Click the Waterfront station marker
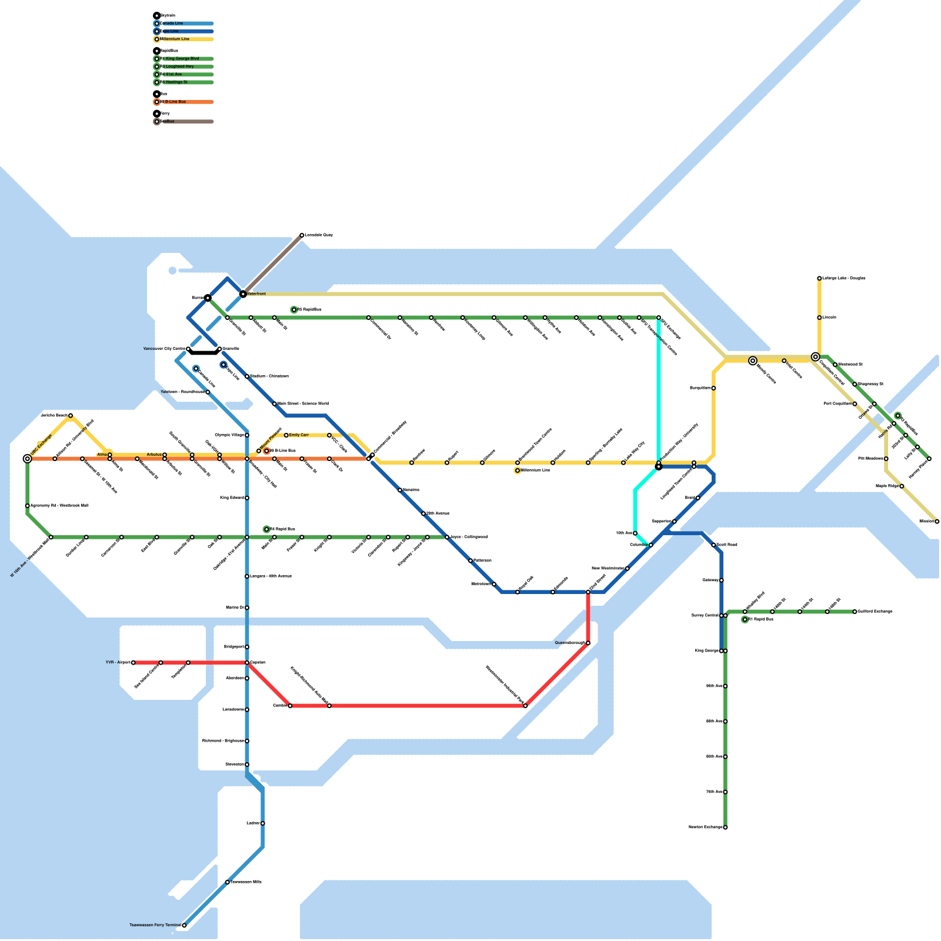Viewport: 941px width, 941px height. pos(243,293)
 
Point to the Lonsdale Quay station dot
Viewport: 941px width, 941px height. pos(302,235)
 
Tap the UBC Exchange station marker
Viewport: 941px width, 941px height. pos(28,459)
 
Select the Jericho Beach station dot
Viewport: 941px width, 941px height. pos(71,416)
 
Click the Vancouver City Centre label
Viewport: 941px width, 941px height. pos(164,349)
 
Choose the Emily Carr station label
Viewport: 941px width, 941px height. pos(299,435)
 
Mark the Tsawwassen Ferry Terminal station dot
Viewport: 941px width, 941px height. pos(184,925)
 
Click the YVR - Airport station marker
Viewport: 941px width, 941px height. pos(134,663)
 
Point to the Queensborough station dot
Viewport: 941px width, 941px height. pos(588,643)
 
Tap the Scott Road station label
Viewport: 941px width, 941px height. pos(727,545)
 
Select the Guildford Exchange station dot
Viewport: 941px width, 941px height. pos(855,612)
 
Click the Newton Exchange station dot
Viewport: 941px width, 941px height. pos(725,827)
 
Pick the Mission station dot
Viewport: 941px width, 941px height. pos(937,522)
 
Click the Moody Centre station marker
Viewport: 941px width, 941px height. pos(753,361)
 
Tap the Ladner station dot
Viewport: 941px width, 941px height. pos(263,823)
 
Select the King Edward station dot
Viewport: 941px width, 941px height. pos(247,498)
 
